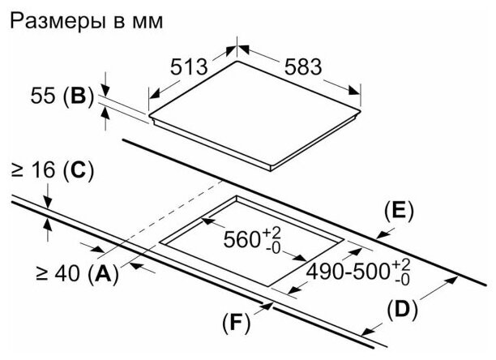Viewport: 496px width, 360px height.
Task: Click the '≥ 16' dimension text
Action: [x=30, y=171]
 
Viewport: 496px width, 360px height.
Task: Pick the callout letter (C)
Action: [x=77, y=171]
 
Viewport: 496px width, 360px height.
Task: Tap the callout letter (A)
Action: [x=101, y=274]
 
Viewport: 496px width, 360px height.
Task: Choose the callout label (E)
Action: [x=398, y=212]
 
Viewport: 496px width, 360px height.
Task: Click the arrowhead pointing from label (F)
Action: [x=267, y=306]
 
